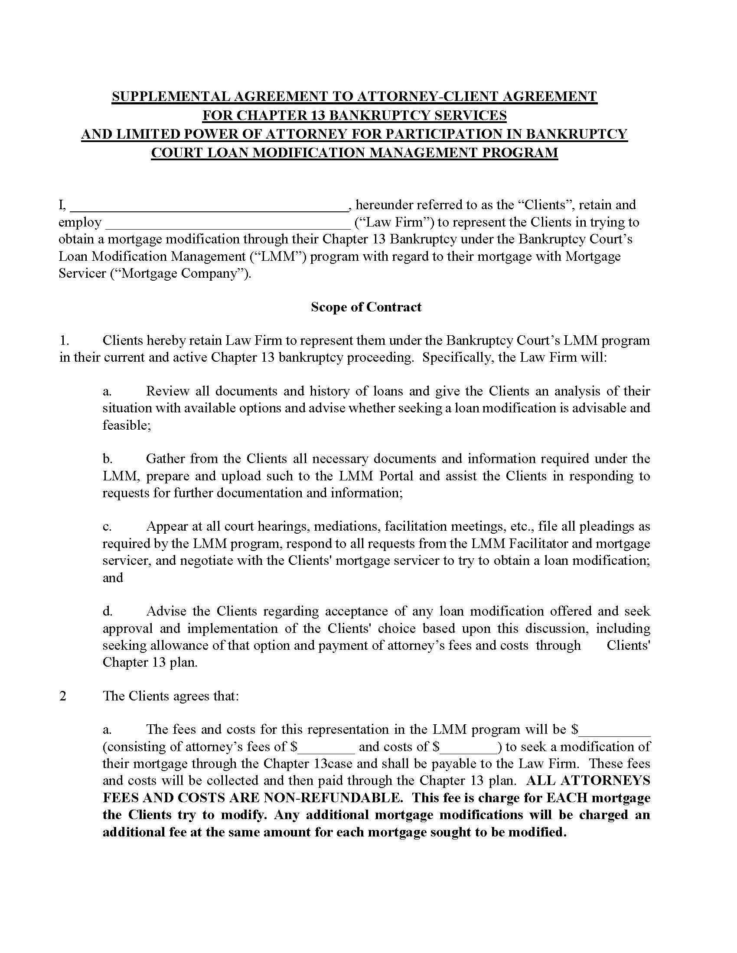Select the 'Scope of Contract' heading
click(366, 307)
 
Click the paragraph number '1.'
click(65, 340)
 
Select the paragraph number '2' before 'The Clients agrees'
click(63, 696)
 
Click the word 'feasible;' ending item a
click(127, 425)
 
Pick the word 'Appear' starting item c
click(166, 527)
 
